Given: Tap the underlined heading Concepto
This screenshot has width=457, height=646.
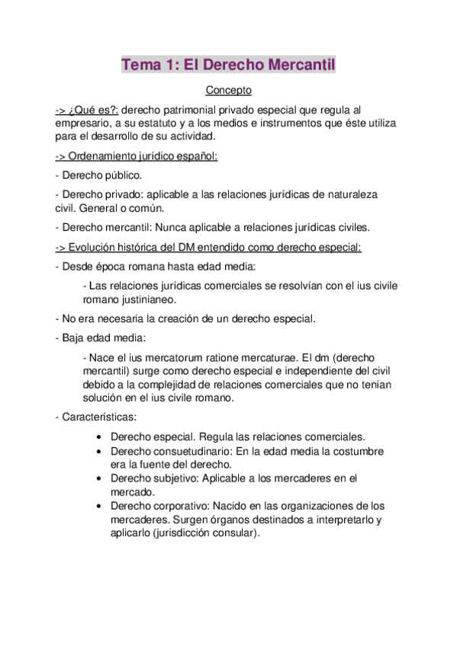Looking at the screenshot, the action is pyautogui.click(x=229, y=91).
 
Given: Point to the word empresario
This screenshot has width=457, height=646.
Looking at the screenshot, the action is pyautogui.click(x=84, y=123).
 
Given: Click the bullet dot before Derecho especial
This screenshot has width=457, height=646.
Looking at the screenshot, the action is pyautogui.click(x=101, y=438).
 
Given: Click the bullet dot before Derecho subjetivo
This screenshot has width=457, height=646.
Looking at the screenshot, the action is pyautogui.click(x=101, y=479).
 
